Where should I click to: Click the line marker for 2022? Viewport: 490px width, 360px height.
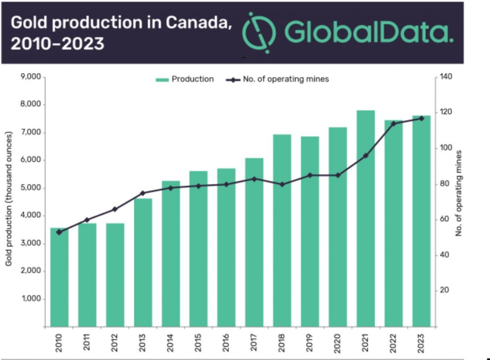pyautogui.click(x=393, y=124)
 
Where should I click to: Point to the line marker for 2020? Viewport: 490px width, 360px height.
pyautogui.click(x=338, y=175)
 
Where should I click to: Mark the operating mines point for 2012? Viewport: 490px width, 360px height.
pyautogui.click(x=115, y=209)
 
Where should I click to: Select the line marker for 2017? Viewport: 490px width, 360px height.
pyautogui.click(x=254, y=179)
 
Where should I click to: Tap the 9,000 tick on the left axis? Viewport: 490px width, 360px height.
pyautogui.click(x=31, y=77)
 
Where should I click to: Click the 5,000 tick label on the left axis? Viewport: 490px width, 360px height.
pyautogui.click(x=31, y=188)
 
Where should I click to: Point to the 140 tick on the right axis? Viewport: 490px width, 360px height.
pyautogui.click(x=445, y=77)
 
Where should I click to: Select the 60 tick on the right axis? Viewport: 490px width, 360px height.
pyautogui.click(x=444, y=219)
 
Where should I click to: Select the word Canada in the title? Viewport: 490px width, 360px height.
pyautogui.click(x=196, y=22)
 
